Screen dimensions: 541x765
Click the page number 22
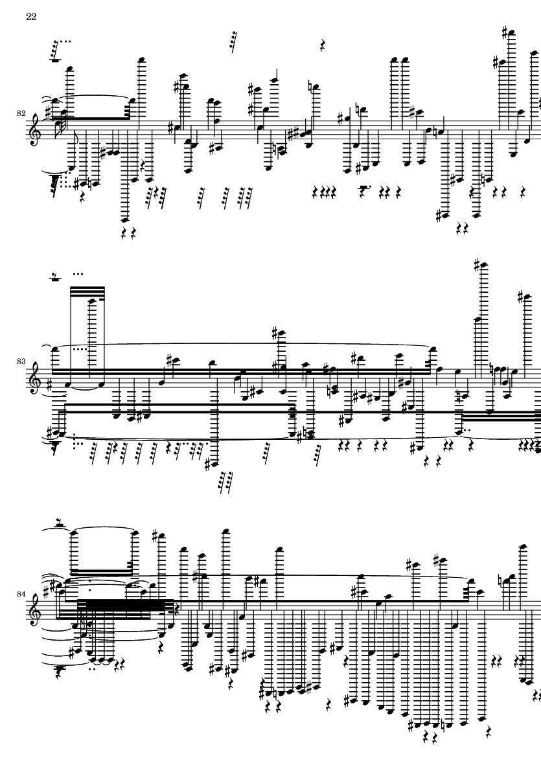click(31, 17)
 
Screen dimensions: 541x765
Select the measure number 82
click(21, 113)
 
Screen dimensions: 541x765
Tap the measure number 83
click(21, 362)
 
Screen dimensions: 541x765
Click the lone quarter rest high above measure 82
click(322, 45)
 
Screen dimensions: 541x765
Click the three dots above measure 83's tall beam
click(78, 274)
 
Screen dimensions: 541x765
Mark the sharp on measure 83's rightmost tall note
click(520, 295)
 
